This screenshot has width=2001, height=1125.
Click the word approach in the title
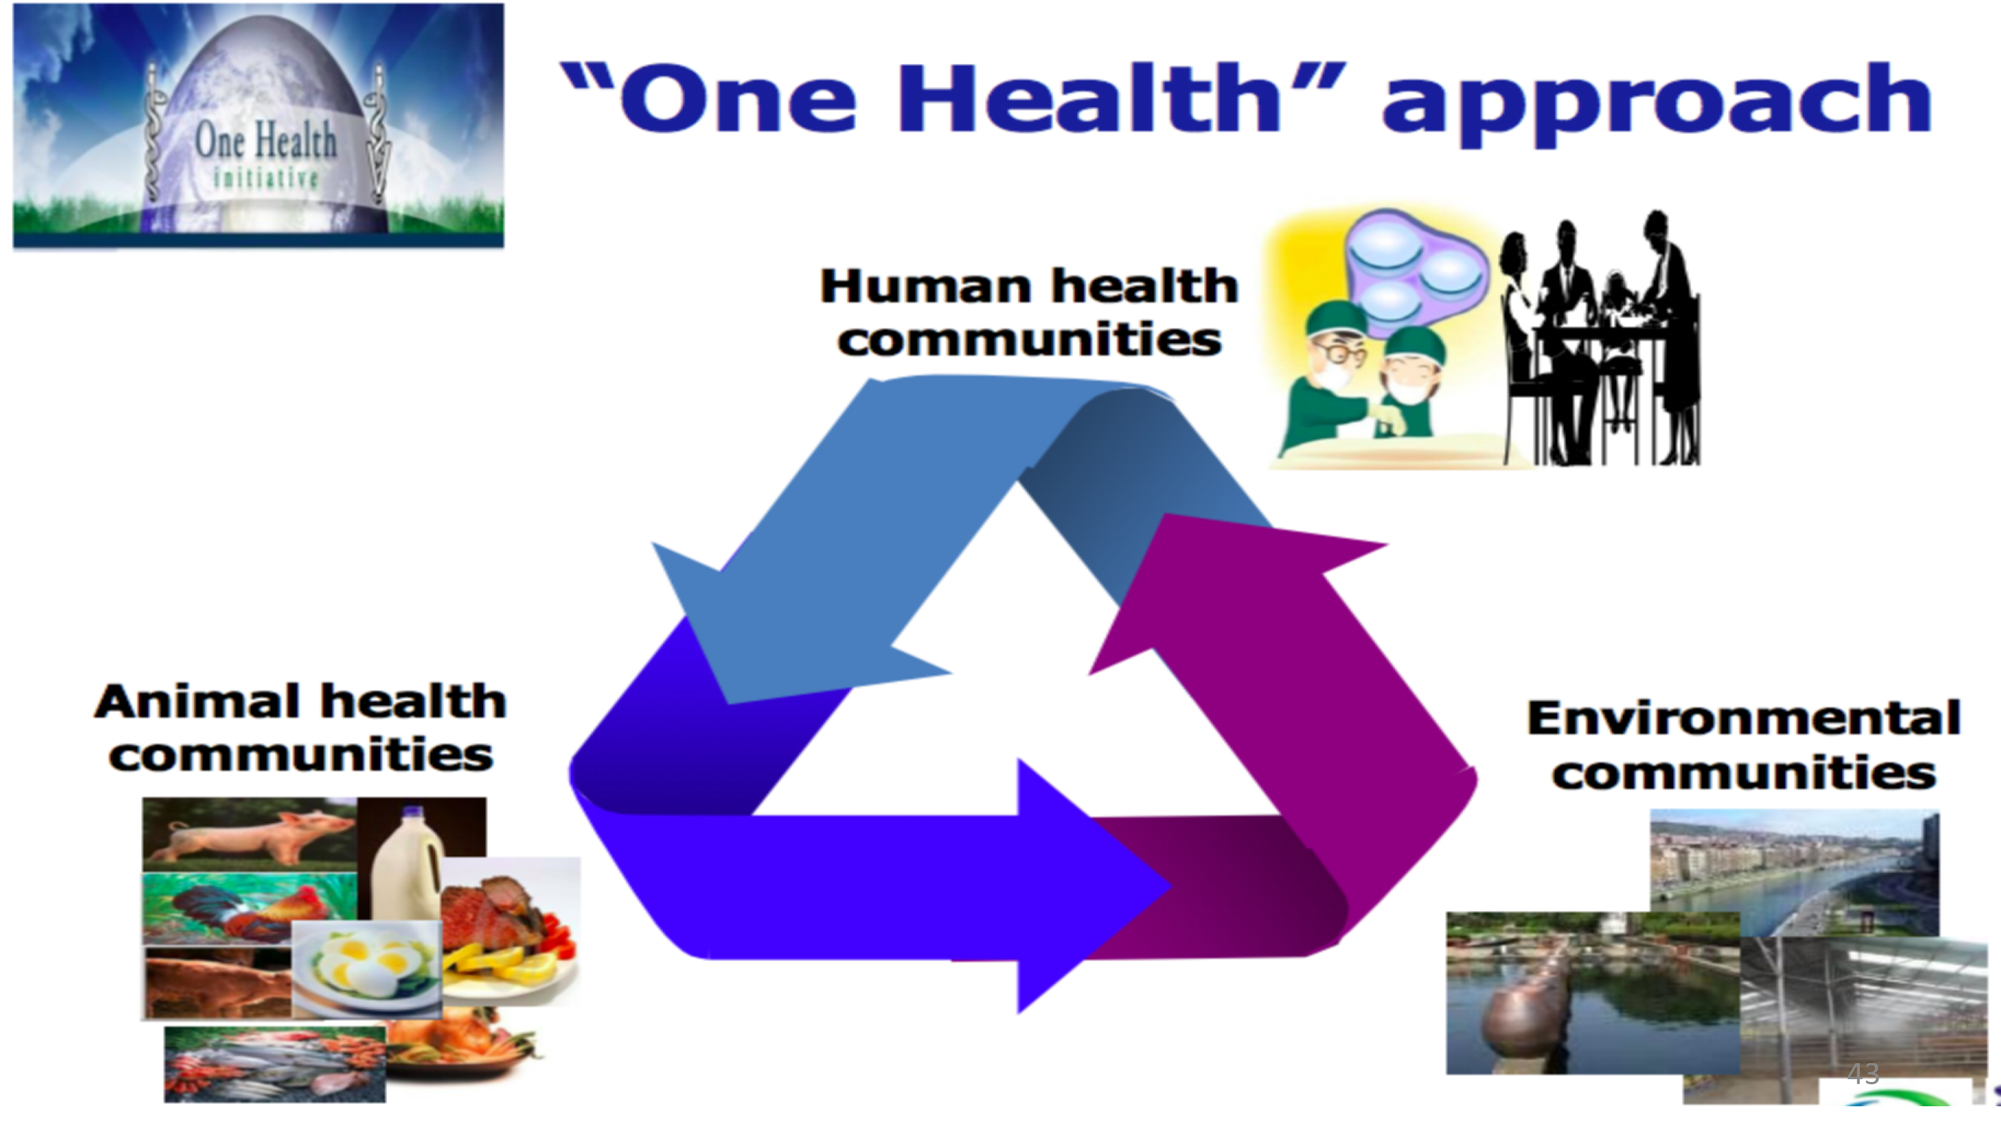(x=1656, y=105)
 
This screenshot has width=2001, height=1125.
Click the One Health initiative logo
(x=258, y=126)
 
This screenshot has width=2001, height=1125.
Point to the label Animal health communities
(x=301, y=728)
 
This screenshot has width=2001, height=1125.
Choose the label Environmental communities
(x=1744, y=744)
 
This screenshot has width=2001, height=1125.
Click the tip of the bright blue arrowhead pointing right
(x=1171, y=886)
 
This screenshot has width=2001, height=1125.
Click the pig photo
(x=249, y=834)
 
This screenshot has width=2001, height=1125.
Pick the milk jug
(x=407, y=862)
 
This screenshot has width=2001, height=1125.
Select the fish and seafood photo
(x=274, y=1065)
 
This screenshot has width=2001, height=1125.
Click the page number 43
(x=1863, y=1074)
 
